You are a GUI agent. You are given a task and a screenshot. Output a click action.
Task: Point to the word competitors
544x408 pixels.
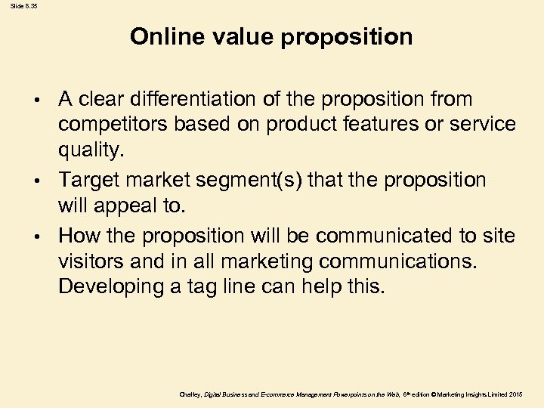pyautogui.click(x=108, y=125)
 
